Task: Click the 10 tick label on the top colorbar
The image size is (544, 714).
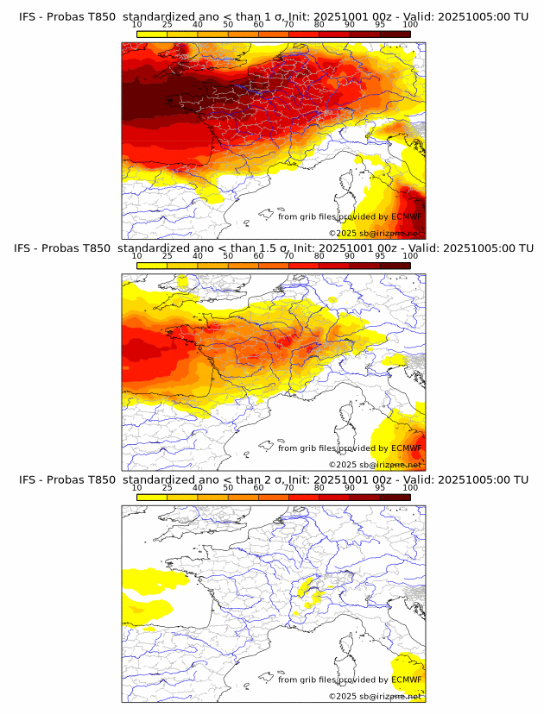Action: click(137, 24)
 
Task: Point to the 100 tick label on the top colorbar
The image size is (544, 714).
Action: click(410, 24)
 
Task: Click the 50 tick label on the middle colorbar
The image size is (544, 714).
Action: click(228, 256)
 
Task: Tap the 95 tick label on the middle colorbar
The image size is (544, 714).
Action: click(380, 256)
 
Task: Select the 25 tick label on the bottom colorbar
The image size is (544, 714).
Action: click(168, 488)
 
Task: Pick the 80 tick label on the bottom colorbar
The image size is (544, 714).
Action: click(319, 488)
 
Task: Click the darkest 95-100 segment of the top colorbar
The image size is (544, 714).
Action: click(395, 33)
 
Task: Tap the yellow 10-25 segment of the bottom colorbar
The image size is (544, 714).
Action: click(152, 497)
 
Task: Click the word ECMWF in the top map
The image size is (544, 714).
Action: click(406, 217)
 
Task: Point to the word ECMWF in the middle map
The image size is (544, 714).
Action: click(406, 448)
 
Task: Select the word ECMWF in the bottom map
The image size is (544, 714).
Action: click(406, 680)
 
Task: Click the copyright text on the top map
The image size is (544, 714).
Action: click(375, 233)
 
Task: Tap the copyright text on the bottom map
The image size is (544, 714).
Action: click(375, 696)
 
